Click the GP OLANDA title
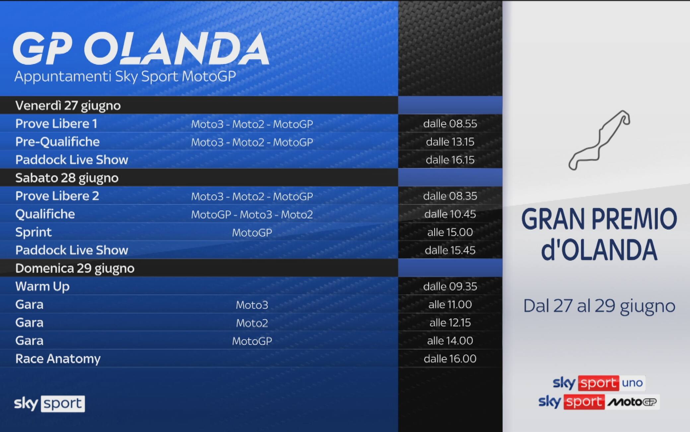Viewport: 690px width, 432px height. pos(141,48)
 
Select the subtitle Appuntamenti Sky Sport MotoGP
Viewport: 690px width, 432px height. pos(125,77)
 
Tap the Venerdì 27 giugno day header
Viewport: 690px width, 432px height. pos(68,106)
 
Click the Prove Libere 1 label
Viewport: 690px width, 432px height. pos(56,124)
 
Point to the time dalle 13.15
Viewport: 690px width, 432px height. pos(450,142)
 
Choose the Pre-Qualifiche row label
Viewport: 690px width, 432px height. pos(57,142)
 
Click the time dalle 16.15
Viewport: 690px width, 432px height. pos(450,160)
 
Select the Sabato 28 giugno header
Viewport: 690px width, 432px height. pos(67,178)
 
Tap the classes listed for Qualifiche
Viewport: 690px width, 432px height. pos(252,215)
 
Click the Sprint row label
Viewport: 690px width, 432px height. pos(34,232)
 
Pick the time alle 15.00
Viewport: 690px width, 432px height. pos(450,232)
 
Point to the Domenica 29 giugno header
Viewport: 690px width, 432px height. pos(75,268)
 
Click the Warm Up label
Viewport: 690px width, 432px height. pos(42,286)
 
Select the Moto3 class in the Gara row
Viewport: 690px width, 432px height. pos(252,305)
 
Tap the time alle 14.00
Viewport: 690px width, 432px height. pos(450,341)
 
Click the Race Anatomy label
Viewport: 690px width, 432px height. pos(58,359)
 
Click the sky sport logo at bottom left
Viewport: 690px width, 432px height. pos(49,403)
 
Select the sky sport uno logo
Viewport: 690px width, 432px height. pos(599,383)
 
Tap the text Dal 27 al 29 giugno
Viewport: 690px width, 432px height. pos(599,306)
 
